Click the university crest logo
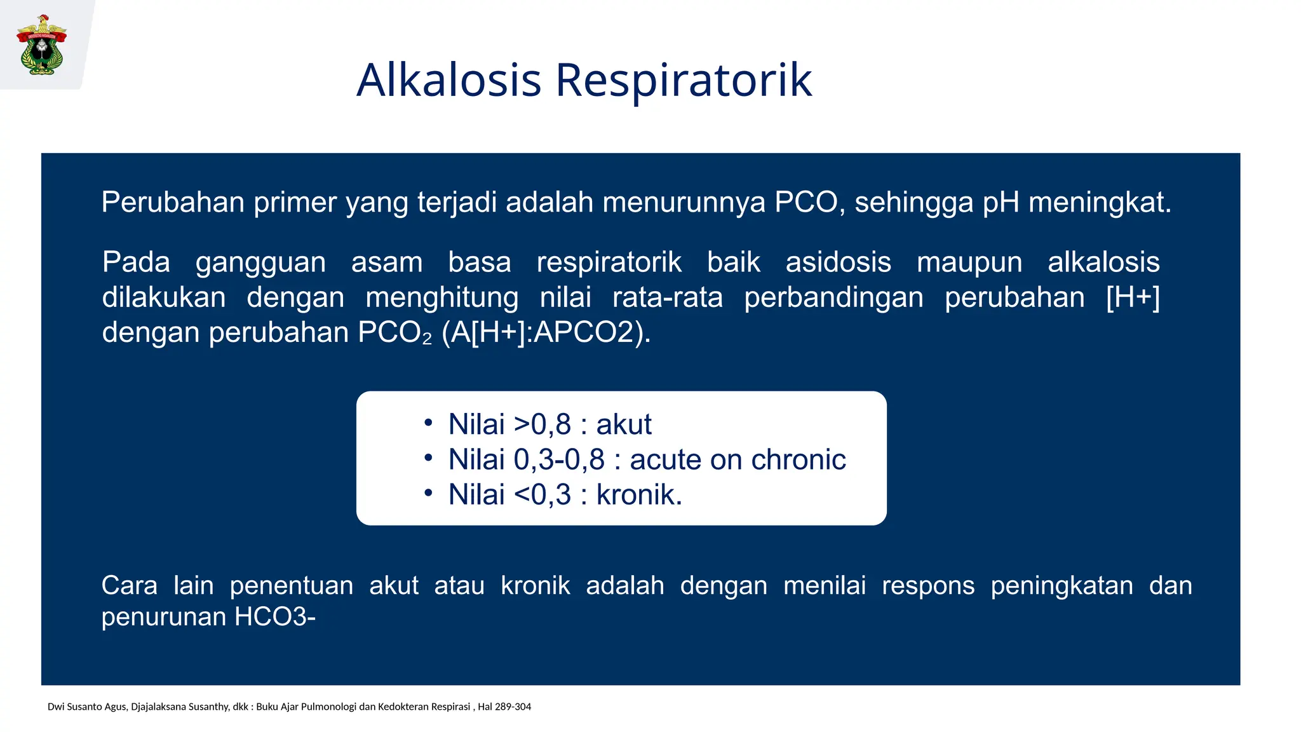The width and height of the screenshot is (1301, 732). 42,44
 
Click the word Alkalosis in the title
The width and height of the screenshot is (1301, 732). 448,80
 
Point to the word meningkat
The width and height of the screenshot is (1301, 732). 1099,202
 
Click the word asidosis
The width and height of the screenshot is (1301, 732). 838,262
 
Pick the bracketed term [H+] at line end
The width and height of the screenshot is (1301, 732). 1133,297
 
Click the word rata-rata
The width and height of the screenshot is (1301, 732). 667,297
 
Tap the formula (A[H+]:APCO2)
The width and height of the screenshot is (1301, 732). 546,332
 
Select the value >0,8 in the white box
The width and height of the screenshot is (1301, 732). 542,424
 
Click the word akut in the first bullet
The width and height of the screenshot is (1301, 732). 623,424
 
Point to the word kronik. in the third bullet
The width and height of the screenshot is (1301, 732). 639,494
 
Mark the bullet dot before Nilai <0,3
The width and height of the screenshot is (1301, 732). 428,492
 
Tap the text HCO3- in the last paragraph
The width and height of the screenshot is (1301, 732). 274,617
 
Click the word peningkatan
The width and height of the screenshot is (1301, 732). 1062,585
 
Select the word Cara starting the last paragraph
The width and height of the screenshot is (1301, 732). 129,585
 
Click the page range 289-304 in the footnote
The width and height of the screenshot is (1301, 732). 513,707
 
